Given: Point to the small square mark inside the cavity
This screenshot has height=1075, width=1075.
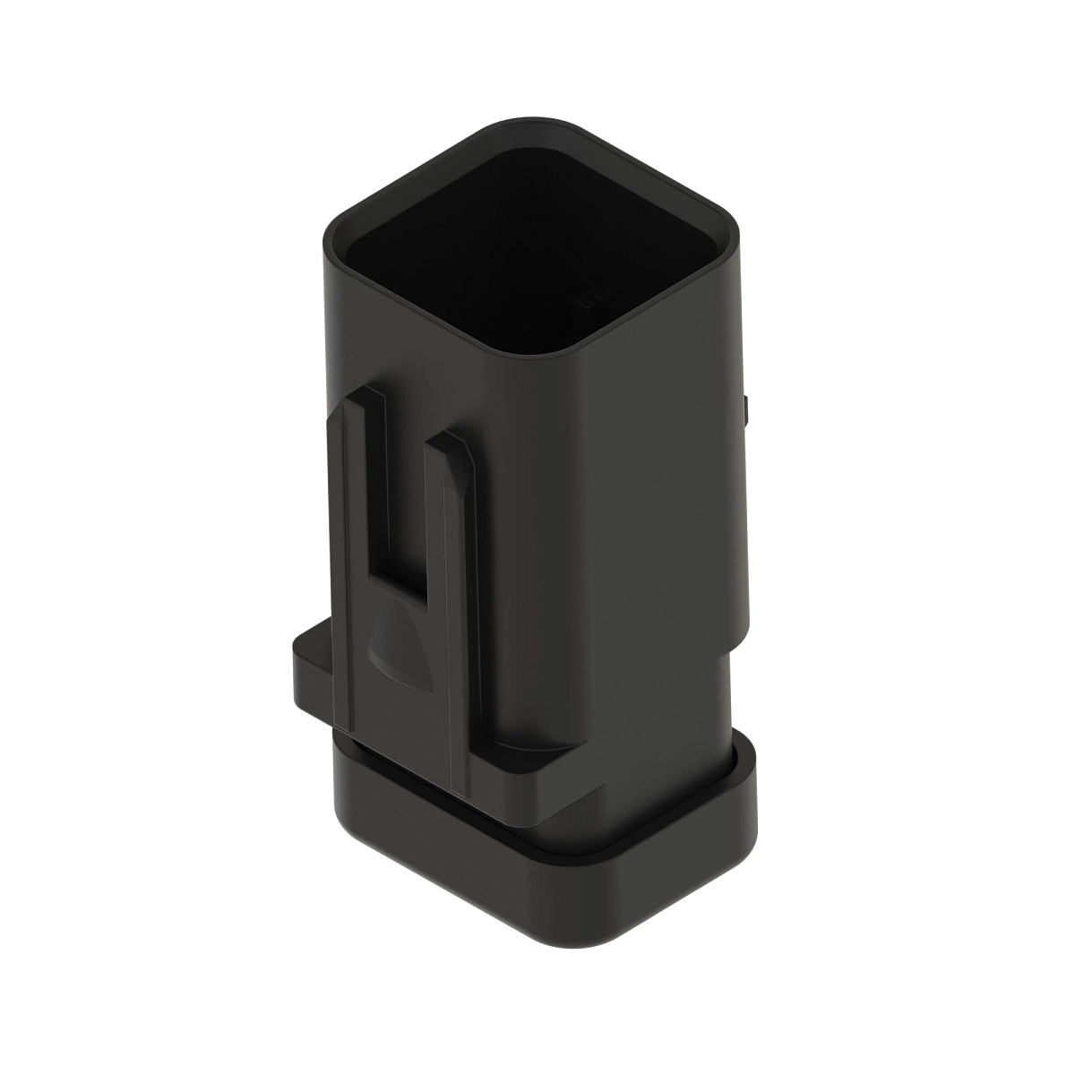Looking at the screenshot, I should coord(589,294).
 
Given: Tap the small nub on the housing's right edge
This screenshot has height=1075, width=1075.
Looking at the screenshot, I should coord(745,410).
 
